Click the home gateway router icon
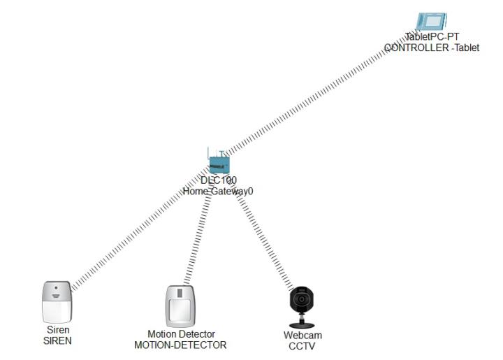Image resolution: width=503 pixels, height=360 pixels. [219, 163]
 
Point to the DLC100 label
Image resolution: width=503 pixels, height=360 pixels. [219, 180]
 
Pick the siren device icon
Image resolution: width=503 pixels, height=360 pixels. [57, 301]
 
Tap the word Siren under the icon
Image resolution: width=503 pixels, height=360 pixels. [58, 331]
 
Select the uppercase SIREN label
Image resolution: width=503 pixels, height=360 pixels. [58, 341]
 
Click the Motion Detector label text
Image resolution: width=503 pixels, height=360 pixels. [181, 334]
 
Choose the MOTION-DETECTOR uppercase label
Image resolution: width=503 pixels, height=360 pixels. [180, 345]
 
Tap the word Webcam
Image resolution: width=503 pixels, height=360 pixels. [302, 336]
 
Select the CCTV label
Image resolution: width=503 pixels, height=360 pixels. [302, 346]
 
